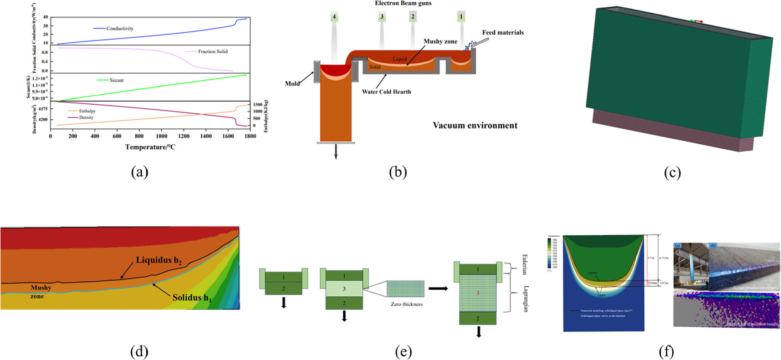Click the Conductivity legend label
[120, 28]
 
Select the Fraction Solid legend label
[213, 51]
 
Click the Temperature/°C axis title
[150, 147]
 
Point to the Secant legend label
[117, 80]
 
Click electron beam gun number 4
[334, 17]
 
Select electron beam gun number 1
[461, 17]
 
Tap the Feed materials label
[503, 32]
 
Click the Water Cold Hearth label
[386, 91]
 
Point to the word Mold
[292, 83]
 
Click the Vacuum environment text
[475, 125]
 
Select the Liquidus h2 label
[158, 260]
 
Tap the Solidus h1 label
[192, 298]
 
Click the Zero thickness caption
[406, 304]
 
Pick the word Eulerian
[524, 264]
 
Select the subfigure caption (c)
[672, 172]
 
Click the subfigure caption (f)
[666, 351]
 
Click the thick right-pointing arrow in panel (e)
[438, 289]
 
